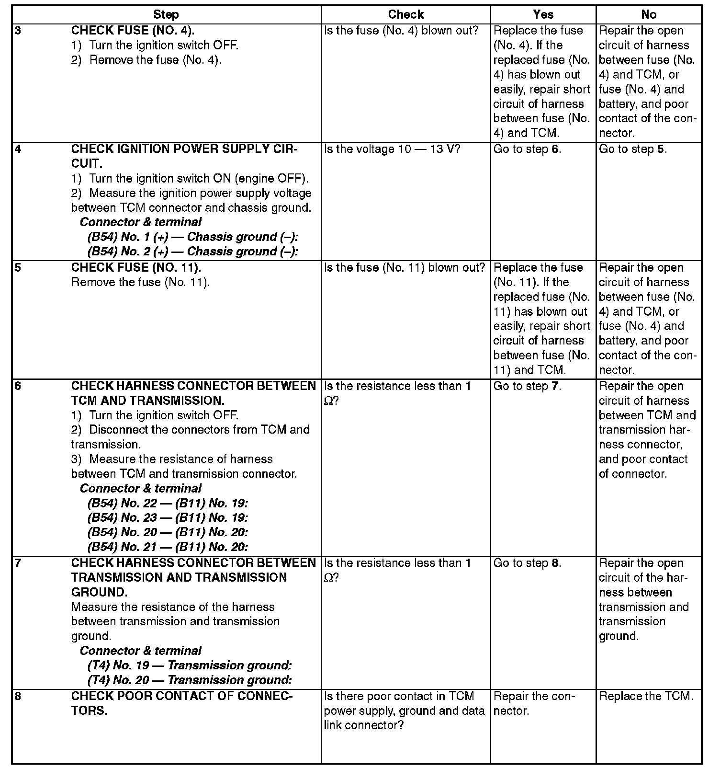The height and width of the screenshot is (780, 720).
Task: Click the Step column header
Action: [166, 15]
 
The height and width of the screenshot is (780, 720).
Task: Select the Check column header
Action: [405, 15]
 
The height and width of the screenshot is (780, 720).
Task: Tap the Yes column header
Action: [543, 15]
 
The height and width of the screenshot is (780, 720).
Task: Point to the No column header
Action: [649, 15]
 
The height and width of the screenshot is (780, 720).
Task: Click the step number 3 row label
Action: [18, 31]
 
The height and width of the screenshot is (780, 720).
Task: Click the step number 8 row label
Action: [18, 696]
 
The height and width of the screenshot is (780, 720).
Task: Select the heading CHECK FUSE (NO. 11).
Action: [136, 267]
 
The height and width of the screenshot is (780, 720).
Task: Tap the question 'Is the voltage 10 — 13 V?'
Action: [392, 149]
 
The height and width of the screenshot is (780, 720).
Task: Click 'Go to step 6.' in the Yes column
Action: [527, 149]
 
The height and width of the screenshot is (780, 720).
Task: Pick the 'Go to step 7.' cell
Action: [527, 386]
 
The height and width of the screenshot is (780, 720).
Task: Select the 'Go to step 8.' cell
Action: [527, 563]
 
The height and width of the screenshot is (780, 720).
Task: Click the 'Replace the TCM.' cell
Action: [646, 696]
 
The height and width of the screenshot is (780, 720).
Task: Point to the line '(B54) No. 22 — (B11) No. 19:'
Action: [168, 503]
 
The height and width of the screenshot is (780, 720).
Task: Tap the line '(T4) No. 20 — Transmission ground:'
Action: [190, 680]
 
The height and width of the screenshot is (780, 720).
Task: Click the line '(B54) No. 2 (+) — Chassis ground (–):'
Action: [193, 252]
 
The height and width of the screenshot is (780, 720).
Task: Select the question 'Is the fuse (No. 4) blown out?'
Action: [401, 31]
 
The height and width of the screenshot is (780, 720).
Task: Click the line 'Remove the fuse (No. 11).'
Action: [140, 282]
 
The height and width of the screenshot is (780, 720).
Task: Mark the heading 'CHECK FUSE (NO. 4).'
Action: [133, 31]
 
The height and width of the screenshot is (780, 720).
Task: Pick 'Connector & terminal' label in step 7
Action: [140, 651]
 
